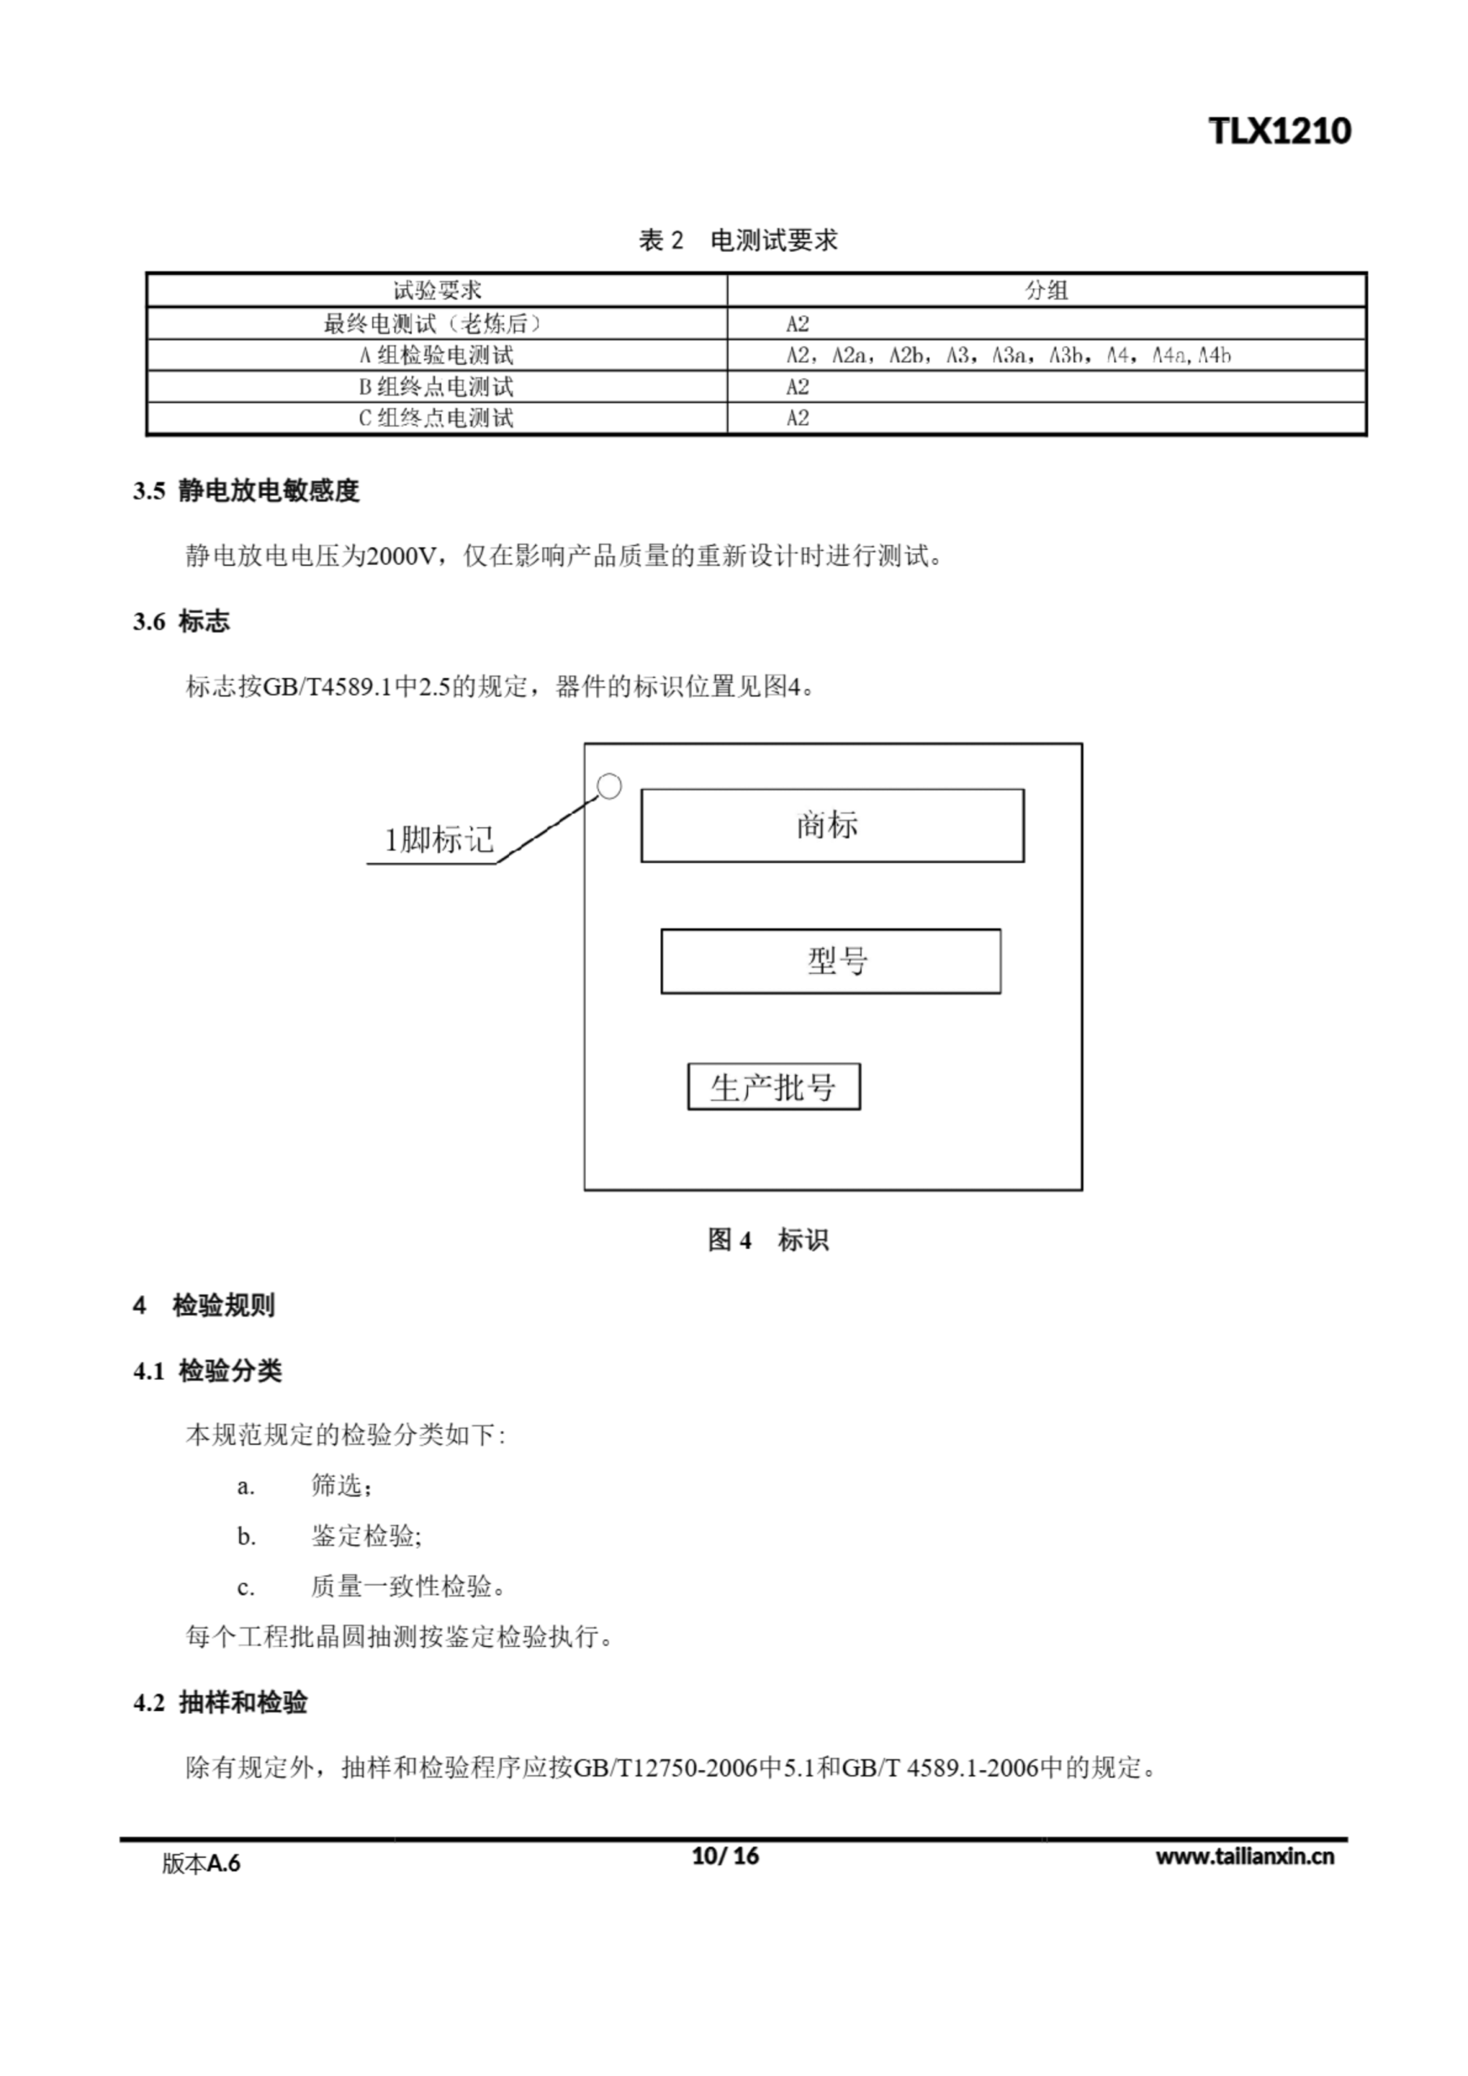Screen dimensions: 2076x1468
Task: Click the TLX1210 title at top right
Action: pos(1279,132)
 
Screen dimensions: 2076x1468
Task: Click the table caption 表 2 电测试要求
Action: pos(738,241)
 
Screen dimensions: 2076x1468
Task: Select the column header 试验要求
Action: pos(437,290)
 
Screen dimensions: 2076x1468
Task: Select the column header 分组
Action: pos(1046,290)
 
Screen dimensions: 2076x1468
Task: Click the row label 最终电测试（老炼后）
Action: pos(437,324)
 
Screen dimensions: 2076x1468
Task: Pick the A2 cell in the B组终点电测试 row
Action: pos(798,387)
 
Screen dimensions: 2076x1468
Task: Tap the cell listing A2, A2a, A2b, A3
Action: pos(1007,355)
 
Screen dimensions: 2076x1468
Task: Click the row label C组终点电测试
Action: pos(437,418)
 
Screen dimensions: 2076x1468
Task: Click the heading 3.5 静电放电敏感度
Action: pos(246,491)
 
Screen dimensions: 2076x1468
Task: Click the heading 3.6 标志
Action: pos(181,621)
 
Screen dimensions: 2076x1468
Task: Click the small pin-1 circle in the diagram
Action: pos(610,787)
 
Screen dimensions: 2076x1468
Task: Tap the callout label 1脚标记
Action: pos(439,840)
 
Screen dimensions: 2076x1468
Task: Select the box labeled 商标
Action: pos(832,826)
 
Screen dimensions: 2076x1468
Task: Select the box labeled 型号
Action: pos(830,961)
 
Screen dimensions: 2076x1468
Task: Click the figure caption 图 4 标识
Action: pos(768,1240)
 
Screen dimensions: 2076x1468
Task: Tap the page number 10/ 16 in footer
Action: pos(725,1856)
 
